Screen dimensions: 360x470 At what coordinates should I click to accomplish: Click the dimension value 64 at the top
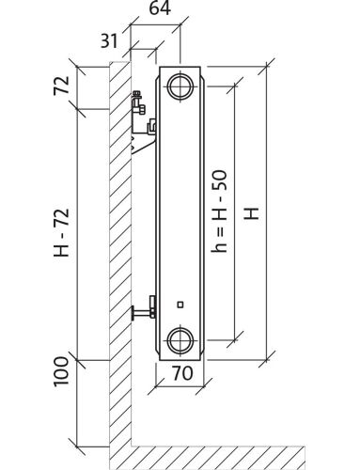(x=160, y=8)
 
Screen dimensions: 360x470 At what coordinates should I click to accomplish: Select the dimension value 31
(x=109, y=40)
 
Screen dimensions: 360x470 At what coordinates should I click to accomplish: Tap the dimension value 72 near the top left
(x=61, y=86)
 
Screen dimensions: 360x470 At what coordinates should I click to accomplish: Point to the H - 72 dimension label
(x=61, y=233)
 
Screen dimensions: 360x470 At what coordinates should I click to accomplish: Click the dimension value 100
(x=61, y=371)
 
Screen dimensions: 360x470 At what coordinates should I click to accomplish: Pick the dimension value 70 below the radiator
(x=182, y=373)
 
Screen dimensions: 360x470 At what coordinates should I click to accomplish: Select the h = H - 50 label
(x=219, y=211)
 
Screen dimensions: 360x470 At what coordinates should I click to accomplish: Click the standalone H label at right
(x=252, y=213)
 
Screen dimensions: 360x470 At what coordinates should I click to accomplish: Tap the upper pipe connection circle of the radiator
(x=180, y=86)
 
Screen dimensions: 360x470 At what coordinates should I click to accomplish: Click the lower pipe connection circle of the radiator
(x=180, y=340)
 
